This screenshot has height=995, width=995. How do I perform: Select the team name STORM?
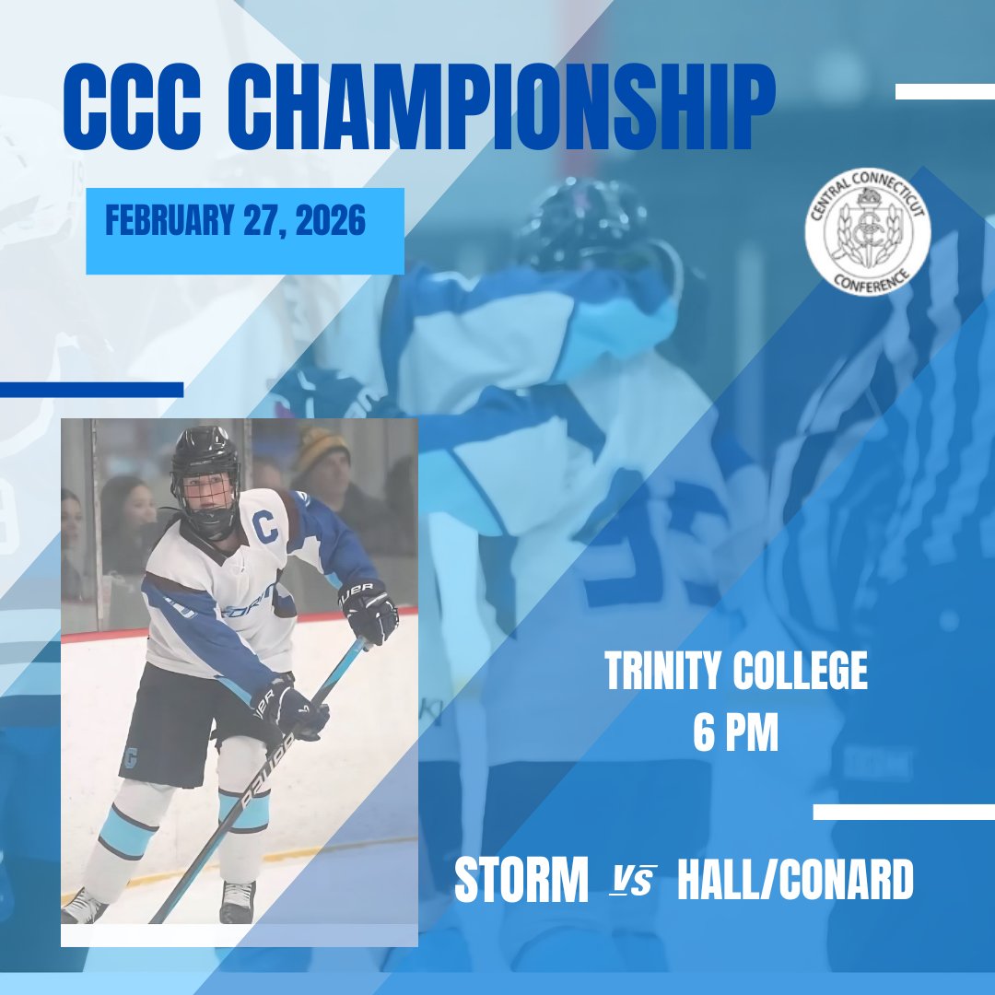[x=521, y=882]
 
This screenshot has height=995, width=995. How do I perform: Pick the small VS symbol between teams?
[x=633, y=883]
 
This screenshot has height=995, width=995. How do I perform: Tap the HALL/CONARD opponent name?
[x=795, y=882]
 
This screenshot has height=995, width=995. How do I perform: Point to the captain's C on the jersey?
[x=264, y=527]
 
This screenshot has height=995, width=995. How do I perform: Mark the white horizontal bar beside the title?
[x=944, y=91]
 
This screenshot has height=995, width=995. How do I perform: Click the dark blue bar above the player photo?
[x=91, y=390]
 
